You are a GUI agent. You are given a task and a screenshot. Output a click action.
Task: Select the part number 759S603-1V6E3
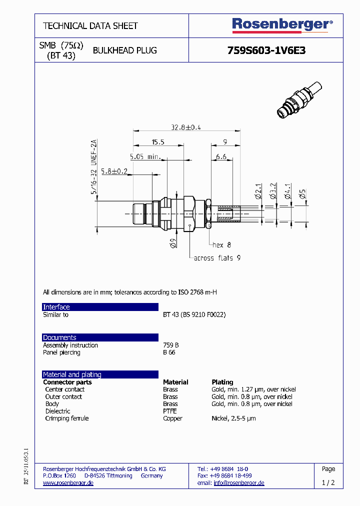[266, 50]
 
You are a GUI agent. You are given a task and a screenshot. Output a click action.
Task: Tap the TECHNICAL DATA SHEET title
[90, 25]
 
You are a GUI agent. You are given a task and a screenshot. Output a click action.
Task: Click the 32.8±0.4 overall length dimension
[185, 127]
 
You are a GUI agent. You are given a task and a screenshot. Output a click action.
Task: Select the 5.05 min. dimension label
[144, 156]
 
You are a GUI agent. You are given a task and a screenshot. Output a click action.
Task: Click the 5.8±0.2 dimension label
[114, 171]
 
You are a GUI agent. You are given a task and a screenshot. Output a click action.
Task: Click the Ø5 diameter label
[302, 194]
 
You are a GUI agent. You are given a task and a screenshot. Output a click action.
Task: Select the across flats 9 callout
[217, 258]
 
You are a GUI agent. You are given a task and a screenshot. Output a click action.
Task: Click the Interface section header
[56, 307]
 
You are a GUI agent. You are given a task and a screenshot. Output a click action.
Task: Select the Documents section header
[59, 337]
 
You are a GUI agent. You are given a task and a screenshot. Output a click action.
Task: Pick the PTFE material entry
[169, 411]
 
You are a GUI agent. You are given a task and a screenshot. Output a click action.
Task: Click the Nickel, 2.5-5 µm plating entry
[233, 418]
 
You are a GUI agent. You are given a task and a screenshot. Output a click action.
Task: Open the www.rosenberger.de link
[68, 483]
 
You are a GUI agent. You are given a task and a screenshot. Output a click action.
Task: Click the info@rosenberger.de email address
[239, 483]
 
